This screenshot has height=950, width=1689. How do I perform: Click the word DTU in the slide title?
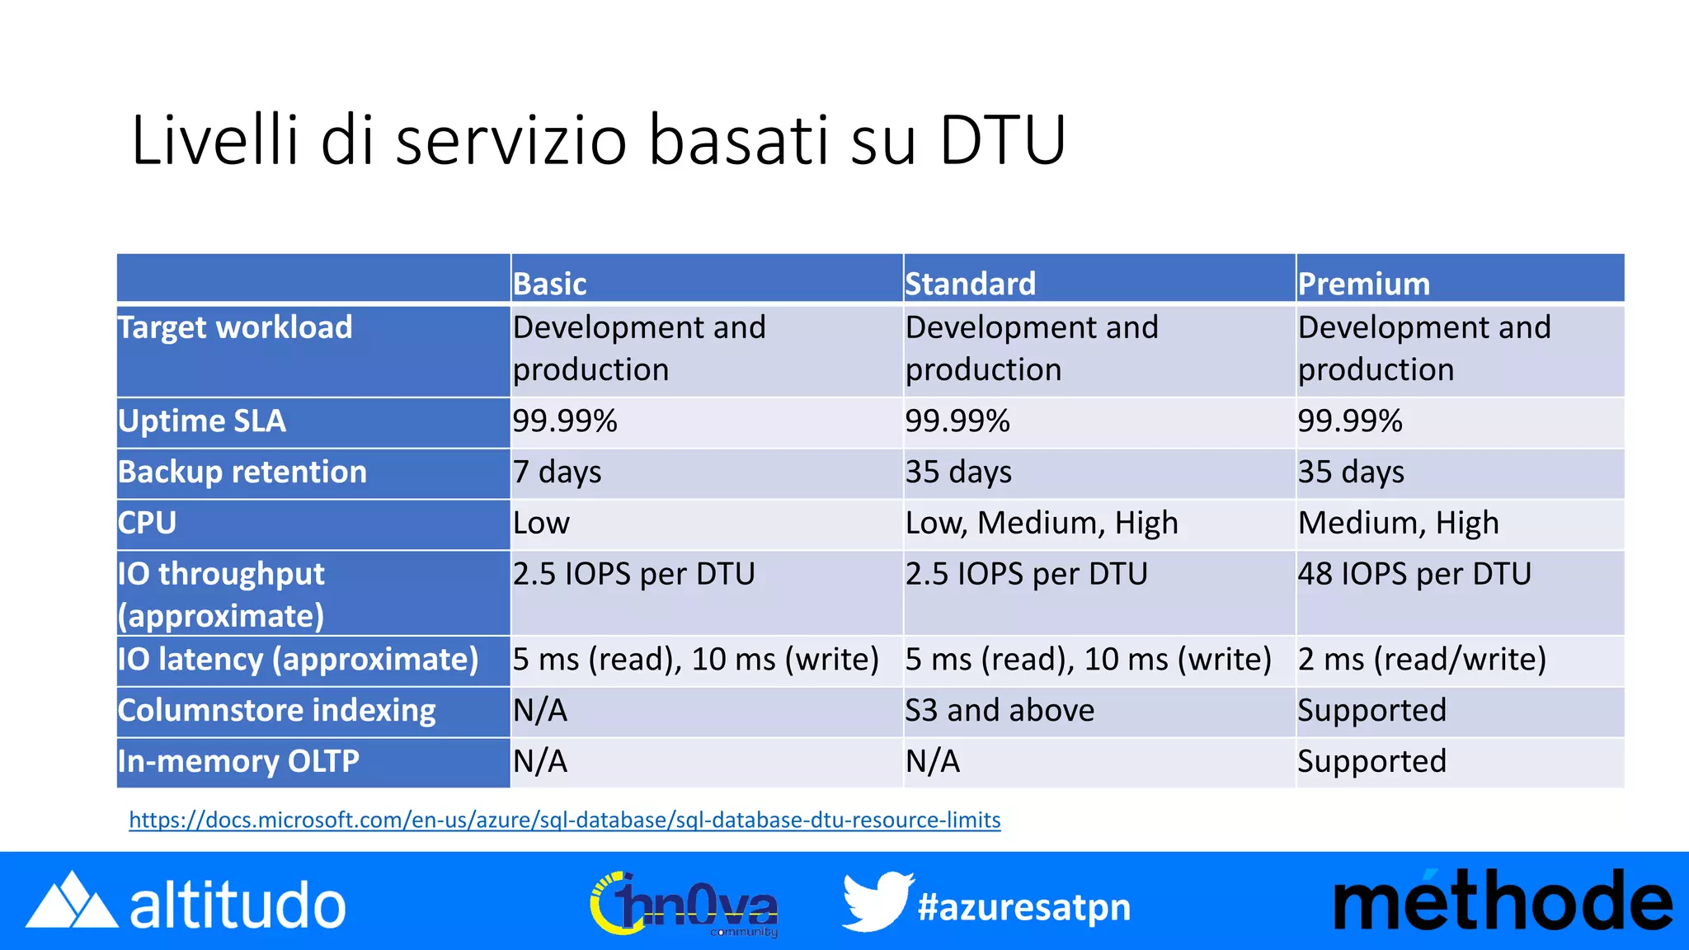(1002, 140)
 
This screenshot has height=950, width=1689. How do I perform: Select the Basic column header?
(550, 284)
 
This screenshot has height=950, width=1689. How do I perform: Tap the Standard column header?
(970, 284)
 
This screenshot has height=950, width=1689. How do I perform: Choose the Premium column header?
(1363, 284)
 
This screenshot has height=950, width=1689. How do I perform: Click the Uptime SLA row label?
(202, 421)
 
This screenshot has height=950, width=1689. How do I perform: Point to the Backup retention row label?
(242, 473)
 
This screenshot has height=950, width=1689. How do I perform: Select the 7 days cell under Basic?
(558, 473)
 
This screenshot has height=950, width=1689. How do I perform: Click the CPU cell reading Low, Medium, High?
(1042, 524)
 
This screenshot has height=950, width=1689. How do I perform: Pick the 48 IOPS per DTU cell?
(1414, 574)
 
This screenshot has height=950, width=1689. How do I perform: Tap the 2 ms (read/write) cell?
(1422, 660)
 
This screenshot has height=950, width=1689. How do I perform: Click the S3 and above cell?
(1000, 711)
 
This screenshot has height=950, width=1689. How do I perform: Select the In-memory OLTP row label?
(238, 761)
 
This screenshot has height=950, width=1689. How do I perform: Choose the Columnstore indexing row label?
(277, 711)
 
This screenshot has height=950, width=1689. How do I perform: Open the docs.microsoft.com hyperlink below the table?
(565, 820)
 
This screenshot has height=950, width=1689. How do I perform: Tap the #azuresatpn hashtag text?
(1024, 907)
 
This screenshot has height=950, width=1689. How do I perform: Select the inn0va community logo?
(685, 905)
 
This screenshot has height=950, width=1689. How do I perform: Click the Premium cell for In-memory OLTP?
(1371, 761)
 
